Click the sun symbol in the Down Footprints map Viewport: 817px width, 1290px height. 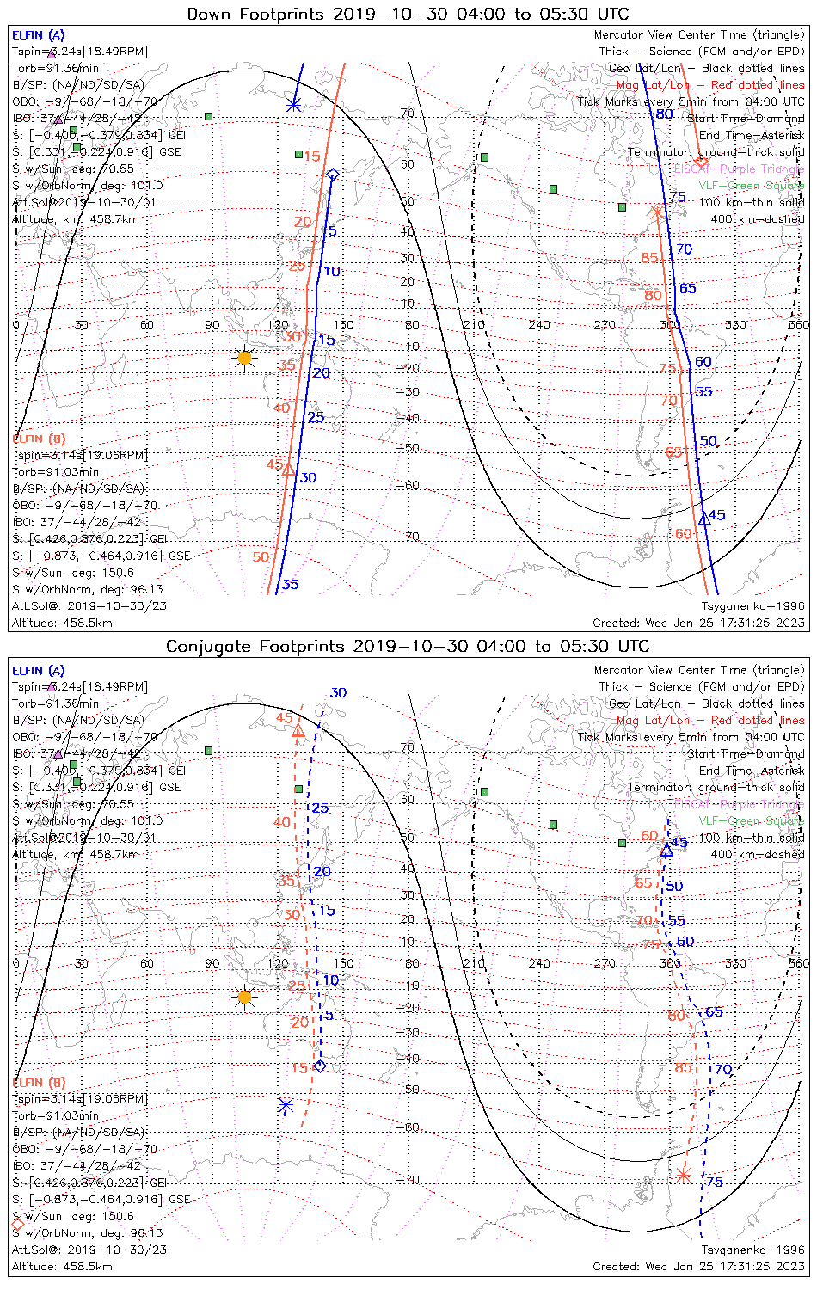[x=244, y=358]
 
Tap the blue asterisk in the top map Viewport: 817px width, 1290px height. [x=293, y=105]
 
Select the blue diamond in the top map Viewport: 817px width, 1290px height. [x=333, y=175]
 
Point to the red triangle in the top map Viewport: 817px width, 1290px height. [x=289, y=470]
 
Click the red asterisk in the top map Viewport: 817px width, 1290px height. [x=658, y=212]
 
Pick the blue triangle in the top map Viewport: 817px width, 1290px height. [x=704, y=519]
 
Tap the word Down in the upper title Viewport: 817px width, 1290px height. [x=209, y=14]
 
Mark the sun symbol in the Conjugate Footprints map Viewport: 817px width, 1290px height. [x=244, y=998]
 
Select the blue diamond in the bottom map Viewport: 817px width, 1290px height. [x=321, y=1066]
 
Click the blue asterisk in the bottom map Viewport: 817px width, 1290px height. [x=286, y=1106]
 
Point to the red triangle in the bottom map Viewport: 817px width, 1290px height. [x=298, y=732]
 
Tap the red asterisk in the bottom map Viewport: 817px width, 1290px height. [x=683, y=1175]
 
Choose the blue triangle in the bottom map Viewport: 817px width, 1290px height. [x=666, y=851]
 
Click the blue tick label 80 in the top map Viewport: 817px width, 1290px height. [x=664, y=114]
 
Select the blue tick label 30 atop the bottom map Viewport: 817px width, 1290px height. [x=338, y=692]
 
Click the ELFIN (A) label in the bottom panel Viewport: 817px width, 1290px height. [x=39, y=670]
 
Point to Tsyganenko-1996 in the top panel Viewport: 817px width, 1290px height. [x=752, y=606]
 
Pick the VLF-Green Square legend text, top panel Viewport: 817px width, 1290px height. [x=751, y=185]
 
